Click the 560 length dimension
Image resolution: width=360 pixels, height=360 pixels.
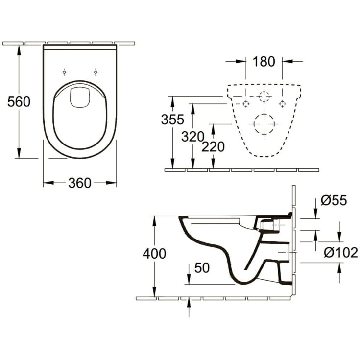19,102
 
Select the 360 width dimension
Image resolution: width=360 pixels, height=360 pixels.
79,183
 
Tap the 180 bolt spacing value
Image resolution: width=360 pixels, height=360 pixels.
264,62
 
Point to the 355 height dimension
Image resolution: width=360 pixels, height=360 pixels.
172,119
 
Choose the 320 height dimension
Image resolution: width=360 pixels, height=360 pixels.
192,137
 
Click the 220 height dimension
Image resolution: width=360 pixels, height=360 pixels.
213,146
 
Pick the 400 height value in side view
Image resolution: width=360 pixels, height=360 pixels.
154,253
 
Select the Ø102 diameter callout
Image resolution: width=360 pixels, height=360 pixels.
341,253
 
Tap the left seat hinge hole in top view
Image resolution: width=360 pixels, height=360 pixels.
64,72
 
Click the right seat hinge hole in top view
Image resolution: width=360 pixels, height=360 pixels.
96,72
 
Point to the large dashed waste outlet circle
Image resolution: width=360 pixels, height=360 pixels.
264,123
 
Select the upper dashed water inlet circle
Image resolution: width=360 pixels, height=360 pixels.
264,96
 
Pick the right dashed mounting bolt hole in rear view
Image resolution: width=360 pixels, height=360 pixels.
282,103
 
